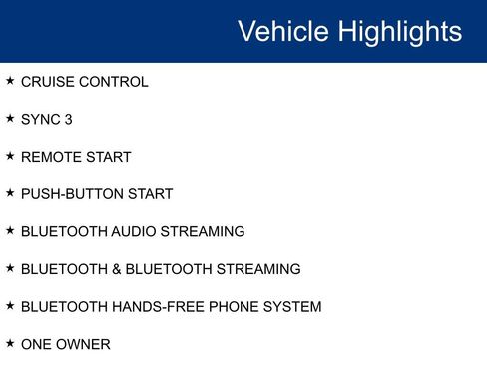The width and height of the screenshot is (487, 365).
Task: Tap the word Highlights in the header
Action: pos(399,31)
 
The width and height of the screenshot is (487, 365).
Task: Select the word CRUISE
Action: pos(47,82)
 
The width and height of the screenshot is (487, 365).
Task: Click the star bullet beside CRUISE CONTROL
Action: pos(10,81)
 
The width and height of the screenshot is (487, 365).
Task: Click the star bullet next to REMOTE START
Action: pos(10,156)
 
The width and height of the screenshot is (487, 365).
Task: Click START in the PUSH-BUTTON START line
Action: pos(149,194)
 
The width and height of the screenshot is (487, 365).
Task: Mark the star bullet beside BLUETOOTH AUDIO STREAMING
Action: pos(10,230)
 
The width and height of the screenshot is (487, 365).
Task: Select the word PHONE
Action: pos(232,307)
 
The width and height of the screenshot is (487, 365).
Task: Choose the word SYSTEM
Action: pos(291,307)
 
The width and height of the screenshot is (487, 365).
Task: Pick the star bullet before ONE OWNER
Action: pos(10,343)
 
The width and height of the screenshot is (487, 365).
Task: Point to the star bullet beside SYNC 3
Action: pos(10,118)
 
